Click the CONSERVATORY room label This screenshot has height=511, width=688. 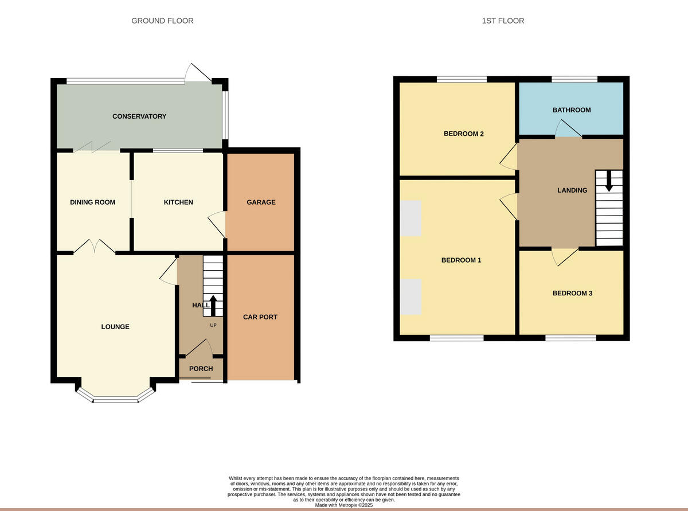tap(139, 116)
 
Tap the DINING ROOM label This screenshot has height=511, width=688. tap(92, 202)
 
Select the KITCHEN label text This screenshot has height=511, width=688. tap(178, 202)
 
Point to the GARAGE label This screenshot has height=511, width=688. tap(261, 202)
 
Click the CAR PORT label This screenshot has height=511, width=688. tap(260, 317)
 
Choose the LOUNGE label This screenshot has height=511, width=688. tap(115, 327)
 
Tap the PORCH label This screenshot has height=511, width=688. tap(201, 369)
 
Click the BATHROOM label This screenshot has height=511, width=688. tap(571, 110)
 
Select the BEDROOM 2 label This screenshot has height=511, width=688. tap(464, 134)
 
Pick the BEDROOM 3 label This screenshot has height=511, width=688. tap(572, 294)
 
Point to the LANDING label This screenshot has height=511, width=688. tap(572, 190)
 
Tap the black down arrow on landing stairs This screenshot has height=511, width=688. tap(609, 181)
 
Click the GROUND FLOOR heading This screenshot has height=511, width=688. tap(162, 21)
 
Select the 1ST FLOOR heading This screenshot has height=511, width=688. tap(503, 21)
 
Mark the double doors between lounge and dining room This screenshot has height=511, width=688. tap(95, 247)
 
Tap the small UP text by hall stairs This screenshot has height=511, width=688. tap(213, 326)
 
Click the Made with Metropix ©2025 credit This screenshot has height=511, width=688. tap(344, 505)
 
